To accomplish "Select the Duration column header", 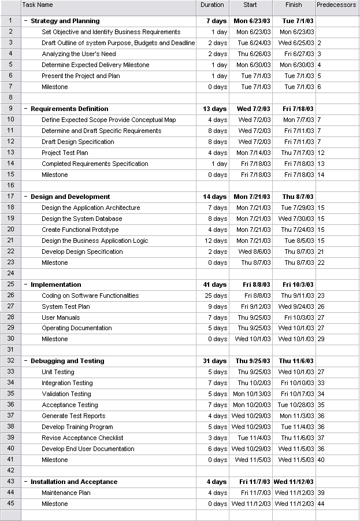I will coord(212,5).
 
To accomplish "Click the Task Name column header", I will coord(38,5).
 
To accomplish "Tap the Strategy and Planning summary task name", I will coord(65,21).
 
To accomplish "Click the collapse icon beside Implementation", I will coord(25,284).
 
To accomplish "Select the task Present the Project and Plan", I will coord(81,76).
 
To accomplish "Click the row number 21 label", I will coord(10,241).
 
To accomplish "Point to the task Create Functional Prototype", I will coord(80,230).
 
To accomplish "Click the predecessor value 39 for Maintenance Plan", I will coord(320,493).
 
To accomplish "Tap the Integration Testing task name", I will coord(67,383).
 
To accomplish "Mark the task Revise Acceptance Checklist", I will coord(82,438).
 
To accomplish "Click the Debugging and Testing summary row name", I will coord(67,361).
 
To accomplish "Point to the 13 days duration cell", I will coord(215,109).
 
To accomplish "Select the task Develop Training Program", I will coord(77,427).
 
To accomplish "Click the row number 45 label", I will coord(10,504).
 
